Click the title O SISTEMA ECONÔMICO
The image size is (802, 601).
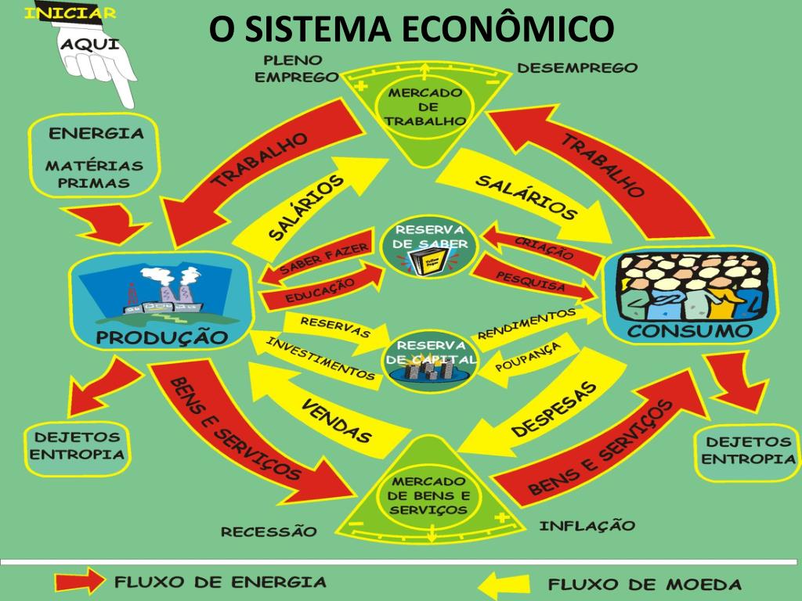point(411,30)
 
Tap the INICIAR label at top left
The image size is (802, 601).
point(71,13)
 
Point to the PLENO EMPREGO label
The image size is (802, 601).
point(295,69)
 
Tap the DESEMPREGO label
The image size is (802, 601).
point(577,68)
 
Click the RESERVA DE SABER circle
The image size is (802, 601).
point(430,243)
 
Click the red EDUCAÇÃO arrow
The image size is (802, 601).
point(321,290)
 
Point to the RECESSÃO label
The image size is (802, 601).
point(269,532)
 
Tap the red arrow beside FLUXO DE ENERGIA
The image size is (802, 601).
point(79,582)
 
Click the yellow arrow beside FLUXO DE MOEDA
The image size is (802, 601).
point(508,584)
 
